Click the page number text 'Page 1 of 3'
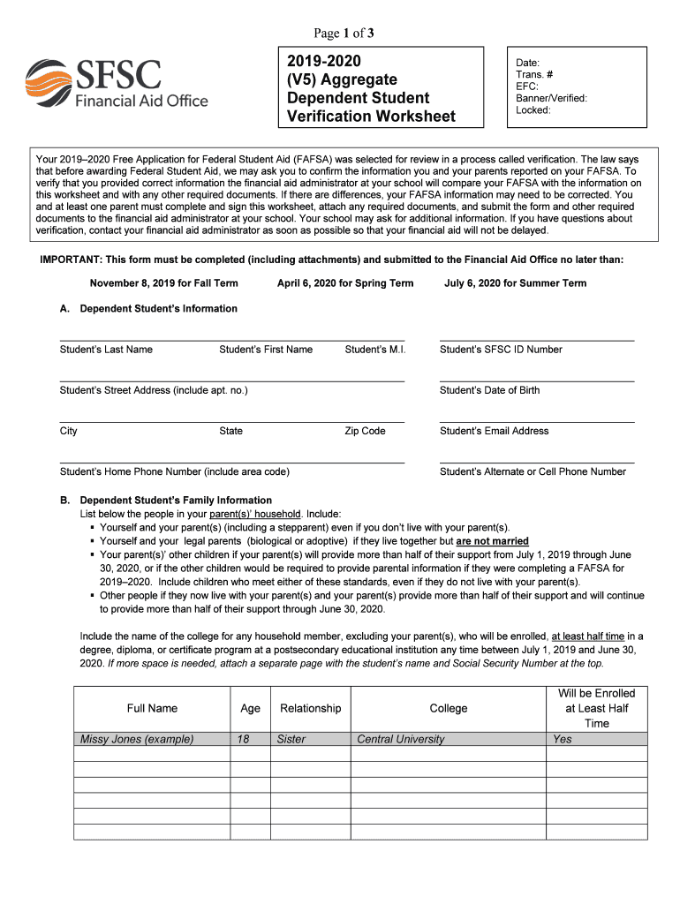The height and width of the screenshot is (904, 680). (x=344, y=34)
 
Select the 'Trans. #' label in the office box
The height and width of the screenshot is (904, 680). (x=536, y=75)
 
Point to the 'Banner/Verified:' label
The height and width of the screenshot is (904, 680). (x=551, y=98)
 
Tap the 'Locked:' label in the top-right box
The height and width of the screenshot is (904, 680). (x=533, y=110)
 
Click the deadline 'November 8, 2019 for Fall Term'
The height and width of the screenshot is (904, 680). (x=163, y=283)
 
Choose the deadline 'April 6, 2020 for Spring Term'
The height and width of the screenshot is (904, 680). (x=345, y=283)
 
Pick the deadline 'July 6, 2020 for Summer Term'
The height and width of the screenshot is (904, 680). (x=515, y=283)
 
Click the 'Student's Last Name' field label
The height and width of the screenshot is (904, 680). (x=106, y=350)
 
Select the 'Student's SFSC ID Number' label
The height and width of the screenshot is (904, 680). (x=501, y=350)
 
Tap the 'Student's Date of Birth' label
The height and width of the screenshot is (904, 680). (x=489, y=390)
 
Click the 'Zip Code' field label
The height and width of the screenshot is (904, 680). (x=365, y=431)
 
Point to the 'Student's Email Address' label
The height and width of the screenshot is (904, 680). (x=494, y=431)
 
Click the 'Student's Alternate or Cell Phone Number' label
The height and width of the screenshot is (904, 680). (x=533, y=471)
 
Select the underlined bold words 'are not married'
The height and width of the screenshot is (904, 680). (x=492, y=541)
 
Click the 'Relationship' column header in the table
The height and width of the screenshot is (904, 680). (x=310, y=708)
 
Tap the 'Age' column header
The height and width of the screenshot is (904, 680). (x=251, y=708)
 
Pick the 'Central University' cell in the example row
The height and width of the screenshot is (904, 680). (x=400, y=740)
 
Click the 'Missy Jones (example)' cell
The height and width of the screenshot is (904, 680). (x=137, y=740)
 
